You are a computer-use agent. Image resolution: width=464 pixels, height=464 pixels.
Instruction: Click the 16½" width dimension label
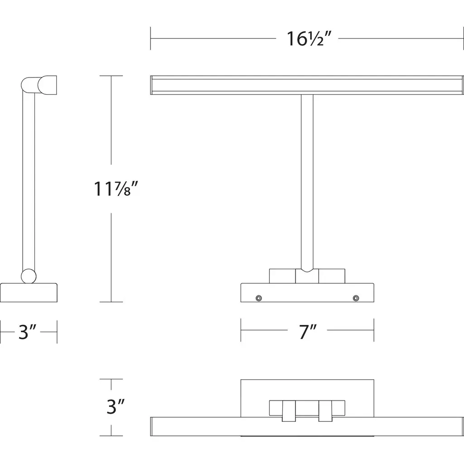(309, 39)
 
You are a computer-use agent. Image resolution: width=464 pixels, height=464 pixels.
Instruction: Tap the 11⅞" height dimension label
(116, 189)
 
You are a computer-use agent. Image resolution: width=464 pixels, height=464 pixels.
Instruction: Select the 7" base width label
(308, 332)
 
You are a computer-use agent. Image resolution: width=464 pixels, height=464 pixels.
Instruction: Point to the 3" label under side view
(28, 332)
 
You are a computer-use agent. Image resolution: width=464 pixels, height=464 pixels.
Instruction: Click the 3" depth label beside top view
(116, 406)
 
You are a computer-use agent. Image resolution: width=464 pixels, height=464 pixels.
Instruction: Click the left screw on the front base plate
(259, 298)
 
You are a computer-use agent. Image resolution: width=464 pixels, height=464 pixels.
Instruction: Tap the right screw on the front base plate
(356, 298)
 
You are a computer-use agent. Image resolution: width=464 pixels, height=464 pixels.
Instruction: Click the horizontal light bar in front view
(307, 85)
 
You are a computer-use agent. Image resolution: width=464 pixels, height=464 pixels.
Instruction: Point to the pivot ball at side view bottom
(29, 276)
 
